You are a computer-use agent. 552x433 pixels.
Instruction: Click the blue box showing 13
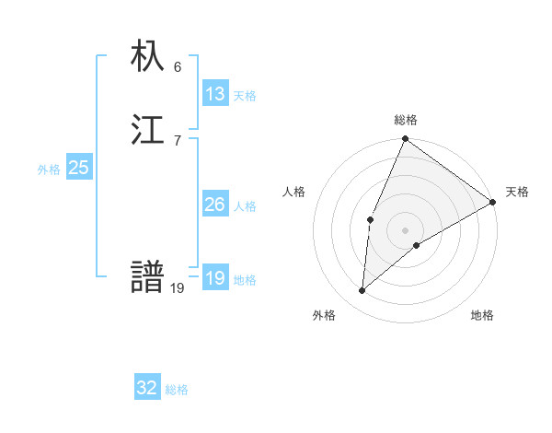pos(215,94)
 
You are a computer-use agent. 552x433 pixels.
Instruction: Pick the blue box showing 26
pos(215,205)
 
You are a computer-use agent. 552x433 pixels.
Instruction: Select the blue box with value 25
pos(79,168)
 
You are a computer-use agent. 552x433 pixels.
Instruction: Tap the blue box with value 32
pos(147,388)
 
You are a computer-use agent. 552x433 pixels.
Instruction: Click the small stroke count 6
pos(178,67)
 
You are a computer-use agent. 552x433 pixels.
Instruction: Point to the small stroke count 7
pos(178,140)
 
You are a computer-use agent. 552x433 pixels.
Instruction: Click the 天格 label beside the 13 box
pos(245,96)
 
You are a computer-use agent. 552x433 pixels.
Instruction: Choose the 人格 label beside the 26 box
pos(245,206)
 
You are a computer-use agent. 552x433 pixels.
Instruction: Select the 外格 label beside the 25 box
pos(49,170)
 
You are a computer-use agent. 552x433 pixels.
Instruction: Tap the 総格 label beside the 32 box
pos(177,390)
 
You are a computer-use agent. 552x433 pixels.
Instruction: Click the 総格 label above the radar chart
pos(406,120)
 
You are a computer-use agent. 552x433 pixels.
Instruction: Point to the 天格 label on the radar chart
pos(517,192)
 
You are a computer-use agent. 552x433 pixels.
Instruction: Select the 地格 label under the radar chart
pos(482,315)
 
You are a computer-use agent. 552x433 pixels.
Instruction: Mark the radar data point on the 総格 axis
pos(405,139)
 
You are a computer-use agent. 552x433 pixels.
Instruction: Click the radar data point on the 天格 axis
pos(493,202)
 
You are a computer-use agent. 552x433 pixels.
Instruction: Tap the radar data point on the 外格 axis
pos(362,291)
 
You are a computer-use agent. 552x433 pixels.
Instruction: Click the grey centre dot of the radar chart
pos(406,230)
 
